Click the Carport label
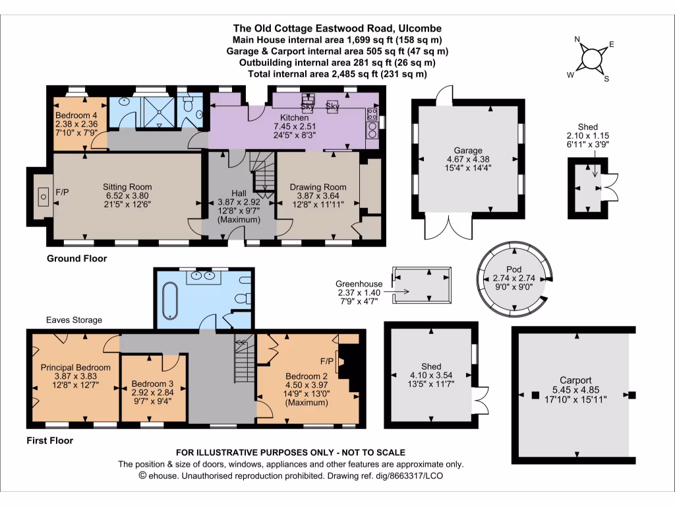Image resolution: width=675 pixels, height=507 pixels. pyautogui.click(x=575, y=380)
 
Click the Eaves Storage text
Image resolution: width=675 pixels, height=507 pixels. pyautogui.click(x=74, y=320)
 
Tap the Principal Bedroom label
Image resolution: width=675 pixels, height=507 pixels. pyautogui.click(x=75, y=367)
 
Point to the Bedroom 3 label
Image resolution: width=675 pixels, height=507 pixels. pyautogui.click(x=152, y=384)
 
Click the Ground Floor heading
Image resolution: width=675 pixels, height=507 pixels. pyautogui.click(x=76, y=258)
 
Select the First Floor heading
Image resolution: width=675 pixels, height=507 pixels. pyautogui.click(x=49, y=440)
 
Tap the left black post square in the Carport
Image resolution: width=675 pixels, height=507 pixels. pyautogui.click(x=534, y=395)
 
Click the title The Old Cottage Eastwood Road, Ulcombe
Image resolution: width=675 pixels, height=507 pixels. pyautogui.click(x=337, y=28)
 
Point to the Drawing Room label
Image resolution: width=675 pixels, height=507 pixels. pyautogui.click(x=317, y=187)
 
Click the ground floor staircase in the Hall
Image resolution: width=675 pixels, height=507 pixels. pyautogui.click(x=266, y=175)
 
